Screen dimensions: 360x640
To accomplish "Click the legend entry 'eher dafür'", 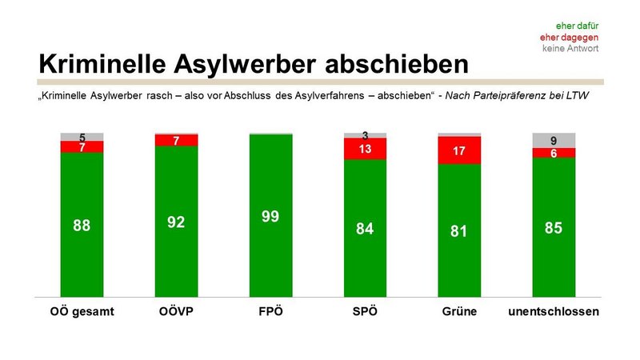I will [x=578, y=25].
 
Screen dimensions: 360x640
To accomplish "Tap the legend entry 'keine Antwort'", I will [x=571, y=49].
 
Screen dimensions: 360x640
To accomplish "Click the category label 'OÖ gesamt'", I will [x=82, y=310].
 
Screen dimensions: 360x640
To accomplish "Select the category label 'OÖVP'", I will [x=176, y=310].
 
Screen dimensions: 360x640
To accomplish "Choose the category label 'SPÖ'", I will [x=365, y=310].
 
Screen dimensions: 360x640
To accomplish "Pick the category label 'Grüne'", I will [x=459, y=310].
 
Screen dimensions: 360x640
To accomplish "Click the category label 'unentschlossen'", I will [x=554, y=310].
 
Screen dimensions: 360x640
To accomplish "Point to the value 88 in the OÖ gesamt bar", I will [x=82, y=226].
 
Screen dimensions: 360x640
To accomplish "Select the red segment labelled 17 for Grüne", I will [x=459, y=150].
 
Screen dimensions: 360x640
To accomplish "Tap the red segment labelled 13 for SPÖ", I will [x=365, y=149].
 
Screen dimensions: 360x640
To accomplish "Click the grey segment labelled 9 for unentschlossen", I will [x=554, y=140].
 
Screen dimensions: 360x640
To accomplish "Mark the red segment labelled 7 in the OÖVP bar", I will [x=176, y=140].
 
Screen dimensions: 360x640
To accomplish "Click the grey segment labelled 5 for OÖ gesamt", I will [x=82, y=137].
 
